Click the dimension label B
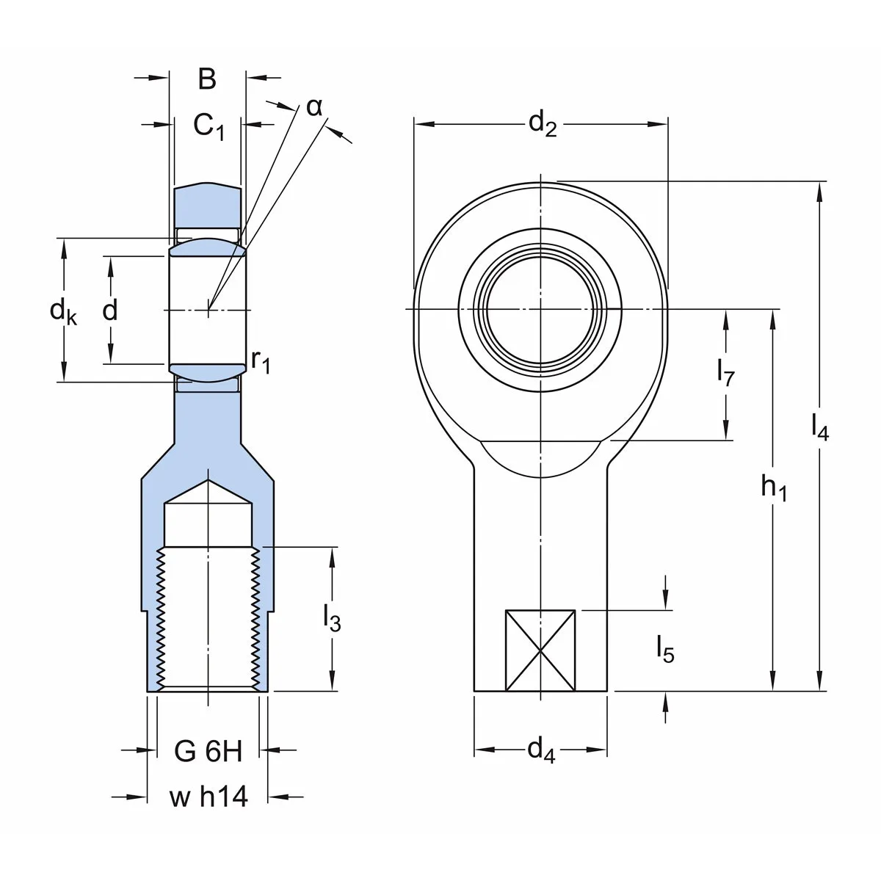point(207,79)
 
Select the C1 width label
point(209,126)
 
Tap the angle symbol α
point(314,107)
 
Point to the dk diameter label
point(64,312)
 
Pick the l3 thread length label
point(332,618)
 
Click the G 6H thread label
point(208,751)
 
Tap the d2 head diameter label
point(543,123)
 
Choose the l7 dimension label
point(725,371)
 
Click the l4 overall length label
point(820,427)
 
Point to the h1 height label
point(774,487)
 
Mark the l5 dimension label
point(665,649)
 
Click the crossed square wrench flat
point(540,650)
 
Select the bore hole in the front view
point(540,310)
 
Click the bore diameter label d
point(109,310)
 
